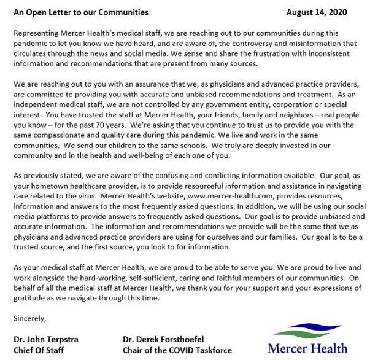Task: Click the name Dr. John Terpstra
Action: point(47,338)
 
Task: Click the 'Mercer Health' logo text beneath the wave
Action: point(307,348)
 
